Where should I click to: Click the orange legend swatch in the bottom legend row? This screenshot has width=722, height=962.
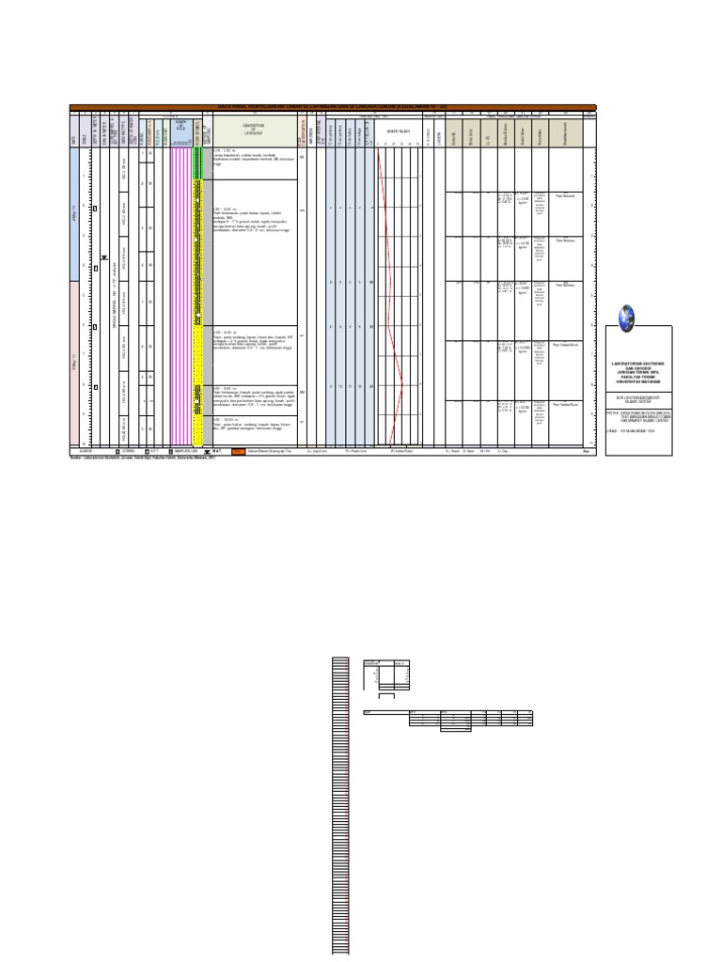pos(238,451)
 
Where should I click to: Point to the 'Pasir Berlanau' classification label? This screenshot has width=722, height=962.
pos(565,195)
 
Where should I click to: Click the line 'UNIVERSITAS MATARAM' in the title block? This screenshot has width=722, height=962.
pos(638,380)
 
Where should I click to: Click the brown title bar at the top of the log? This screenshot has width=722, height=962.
pos(333,107)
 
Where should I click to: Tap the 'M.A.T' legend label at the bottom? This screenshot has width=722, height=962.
pos(216,451)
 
